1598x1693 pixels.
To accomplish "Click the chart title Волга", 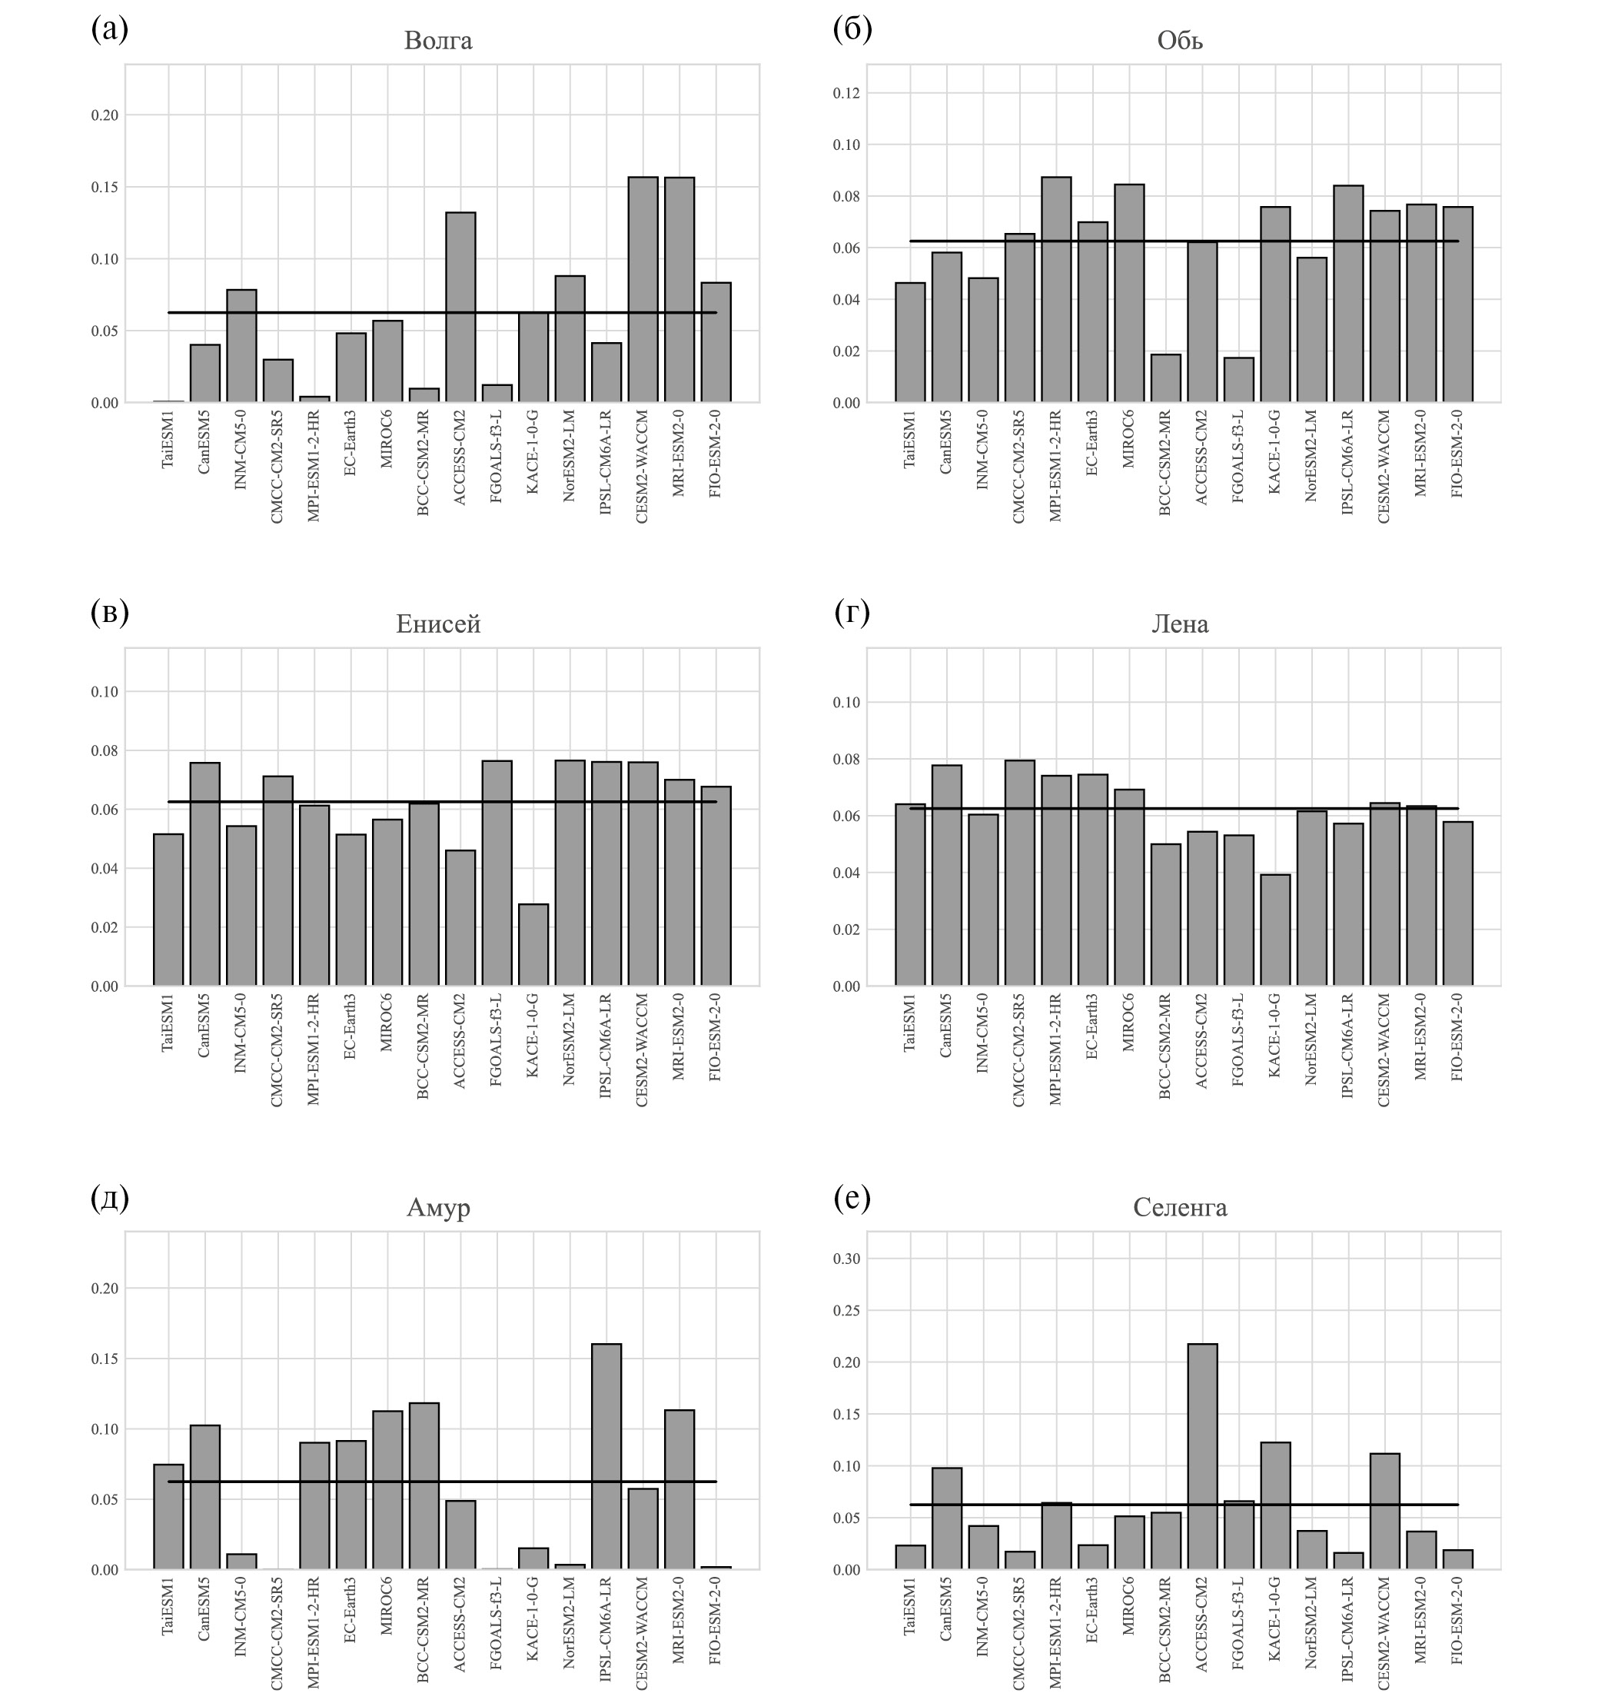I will (438, 41).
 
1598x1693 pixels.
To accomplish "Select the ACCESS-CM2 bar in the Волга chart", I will (460, 307).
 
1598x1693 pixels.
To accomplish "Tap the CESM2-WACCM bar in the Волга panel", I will (643, 290).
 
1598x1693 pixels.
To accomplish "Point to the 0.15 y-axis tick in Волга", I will (105, 188).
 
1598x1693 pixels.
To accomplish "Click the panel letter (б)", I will (851, 29).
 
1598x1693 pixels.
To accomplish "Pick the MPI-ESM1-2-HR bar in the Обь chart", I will (1055, 290).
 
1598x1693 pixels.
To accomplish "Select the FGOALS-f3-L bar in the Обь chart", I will (1238, 380).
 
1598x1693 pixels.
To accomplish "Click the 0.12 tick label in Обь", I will (847, 93).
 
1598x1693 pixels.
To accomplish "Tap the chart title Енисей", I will (438, 624).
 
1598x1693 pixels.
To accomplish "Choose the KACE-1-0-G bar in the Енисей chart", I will (533, 945).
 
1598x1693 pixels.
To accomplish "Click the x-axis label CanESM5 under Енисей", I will (204, 1026).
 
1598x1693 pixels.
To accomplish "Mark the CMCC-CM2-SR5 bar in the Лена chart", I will (1020, 873).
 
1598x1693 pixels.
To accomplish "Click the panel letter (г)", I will (851, 613).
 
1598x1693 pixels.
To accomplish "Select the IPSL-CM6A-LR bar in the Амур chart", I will (606, 1456).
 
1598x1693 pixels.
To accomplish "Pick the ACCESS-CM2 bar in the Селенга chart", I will (1202, 1456).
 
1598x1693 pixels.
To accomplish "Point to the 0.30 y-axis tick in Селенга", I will (847, 1259).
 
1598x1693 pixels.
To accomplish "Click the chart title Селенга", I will (1180, 1207).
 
